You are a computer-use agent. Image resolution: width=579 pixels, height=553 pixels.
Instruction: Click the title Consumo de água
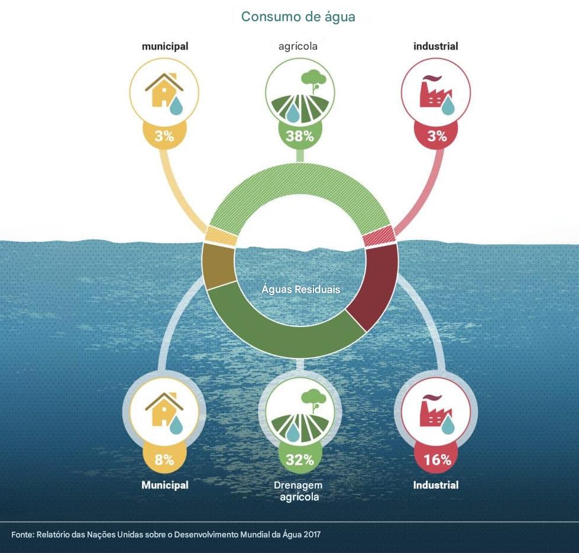tap(298, 17)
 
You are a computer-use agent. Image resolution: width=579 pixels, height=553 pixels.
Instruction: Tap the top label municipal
tap(164, 46)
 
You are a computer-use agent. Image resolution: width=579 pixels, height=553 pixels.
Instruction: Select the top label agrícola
tap(298, 46)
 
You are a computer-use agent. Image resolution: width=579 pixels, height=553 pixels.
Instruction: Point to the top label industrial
tap(436, 46)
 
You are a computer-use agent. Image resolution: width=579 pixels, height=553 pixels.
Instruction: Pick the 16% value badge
tap(437, 460)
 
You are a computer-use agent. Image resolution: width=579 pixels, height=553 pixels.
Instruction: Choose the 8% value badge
tap(164, 460)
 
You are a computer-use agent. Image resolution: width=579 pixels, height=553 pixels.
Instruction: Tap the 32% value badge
tap(300, 460)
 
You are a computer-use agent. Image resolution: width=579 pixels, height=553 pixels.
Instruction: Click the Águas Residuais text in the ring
tap(300, 290)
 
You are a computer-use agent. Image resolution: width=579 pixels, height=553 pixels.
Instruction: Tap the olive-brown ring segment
tap(218, 266)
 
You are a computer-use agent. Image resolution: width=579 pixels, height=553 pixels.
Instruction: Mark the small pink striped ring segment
tap(379, 236)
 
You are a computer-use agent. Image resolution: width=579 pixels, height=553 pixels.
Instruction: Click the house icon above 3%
tap(164, 92)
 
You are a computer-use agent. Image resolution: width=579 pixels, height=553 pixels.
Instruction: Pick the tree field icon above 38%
tap(300, 92)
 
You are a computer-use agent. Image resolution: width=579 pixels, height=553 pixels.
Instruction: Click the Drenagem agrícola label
tap(299, 491)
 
